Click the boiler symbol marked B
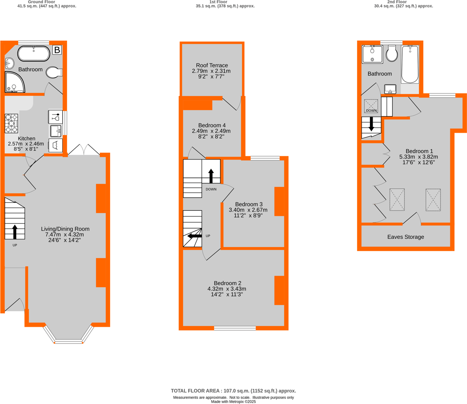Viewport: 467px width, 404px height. tap(57, 50)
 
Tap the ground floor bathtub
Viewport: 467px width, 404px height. tap(34, 54)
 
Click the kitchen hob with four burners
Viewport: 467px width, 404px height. tap(11, 123)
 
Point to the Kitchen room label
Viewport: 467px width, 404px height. tap(27, 139)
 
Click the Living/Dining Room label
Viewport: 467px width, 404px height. tap(65, 229)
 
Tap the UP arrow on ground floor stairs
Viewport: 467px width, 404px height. tap(15, 232)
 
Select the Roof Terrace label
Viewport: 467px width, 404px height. tap(212, 65)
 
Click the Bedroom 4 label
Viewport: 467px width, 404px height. tap(212, 126)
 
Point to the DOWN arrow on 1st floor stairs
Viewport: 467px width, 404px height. tap(211, 176)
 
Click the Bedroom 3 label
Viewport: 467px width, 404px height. tap(249, 204)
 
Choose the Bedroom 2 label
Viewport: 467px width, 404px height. tap(227, 283)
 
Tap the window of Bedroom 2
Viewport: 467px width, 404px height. tap(235, 328)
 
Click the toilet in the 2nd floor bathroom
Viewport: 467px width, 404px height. tap(392, 53)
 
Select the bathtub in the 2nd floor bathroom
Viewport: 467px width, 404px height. tap(410, 64)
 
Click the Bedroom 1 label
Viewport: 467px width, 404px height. tap(419, 151)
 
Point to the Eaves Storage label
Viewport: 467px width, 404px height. tap(406, 237)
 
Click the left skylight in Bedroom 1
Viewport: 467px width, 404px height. tap(397, 200)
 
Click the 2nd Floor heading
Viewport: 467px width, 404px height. tap(404, 2)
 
